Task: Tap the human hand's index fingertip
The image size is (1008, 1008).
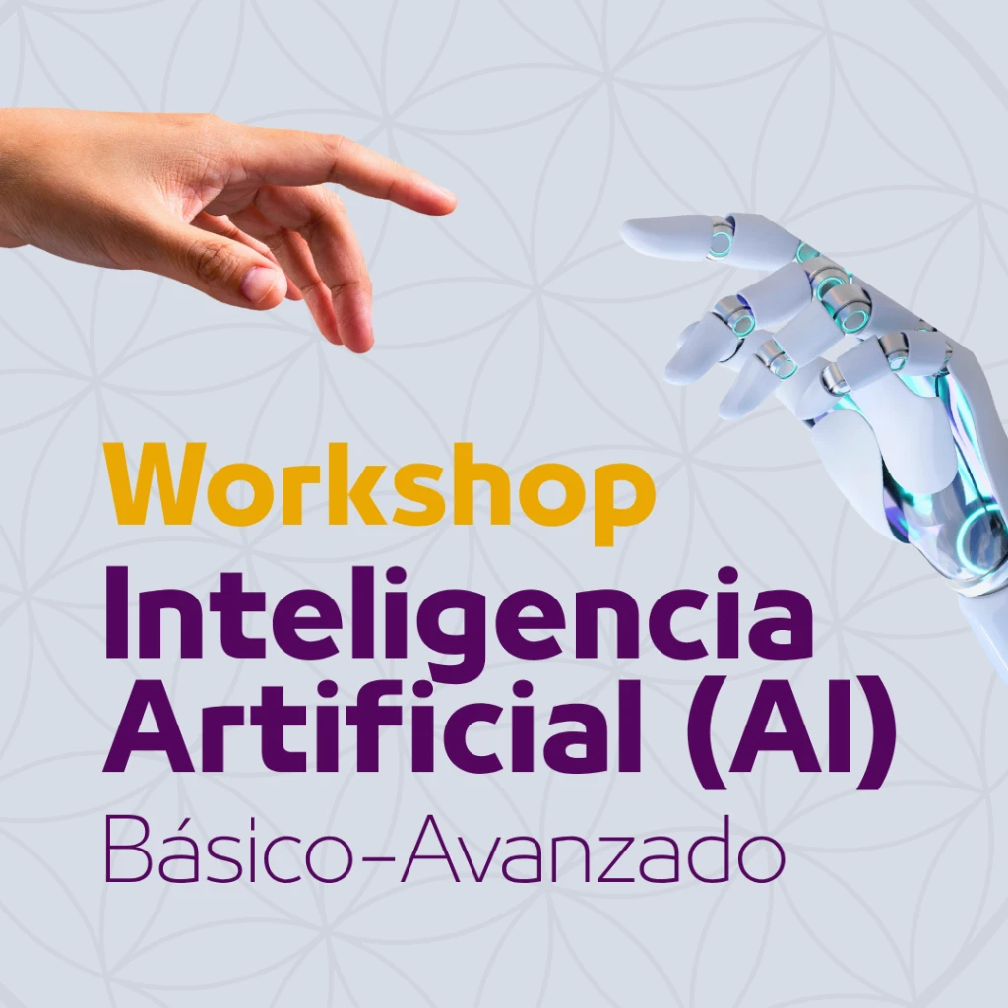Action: [x=450, y=201]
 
